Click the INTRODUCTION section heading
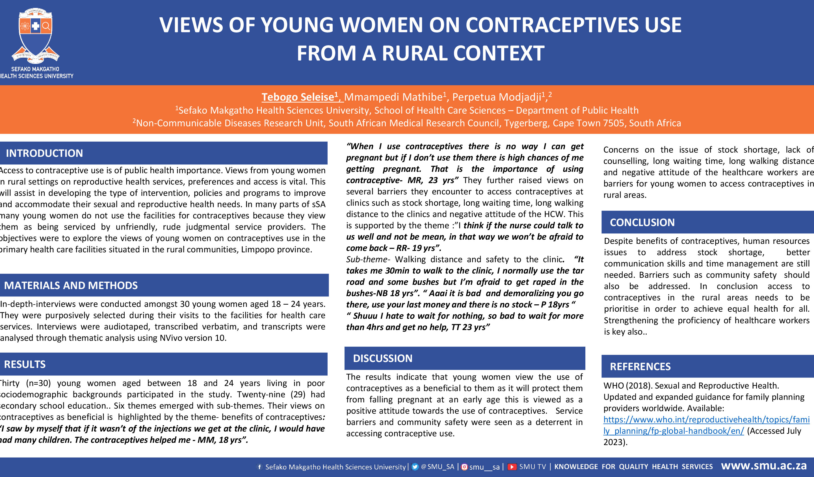(x=44, y=153)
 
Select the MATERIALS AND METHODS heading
(x=71, y=285)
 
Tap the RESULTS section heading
(x=25, y=364)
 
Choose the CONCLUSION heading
(x=642, y=222)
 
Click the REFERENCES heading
(x=640, y=367)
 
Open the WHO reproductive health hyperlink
(x=706, y=425)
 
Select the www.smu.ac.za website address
(x=764, y=466)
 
